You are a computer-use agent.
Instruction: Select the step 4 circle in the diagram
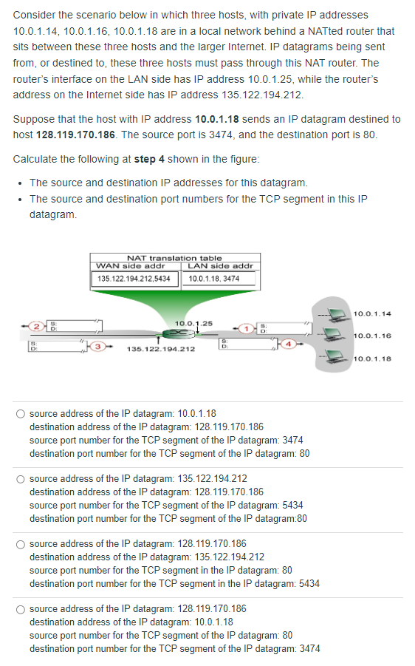pos(291,344)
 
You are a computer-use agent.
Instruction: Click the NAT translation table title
pos(174,257)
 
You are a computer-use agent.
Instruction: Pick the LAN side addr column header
pos(220,265)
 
